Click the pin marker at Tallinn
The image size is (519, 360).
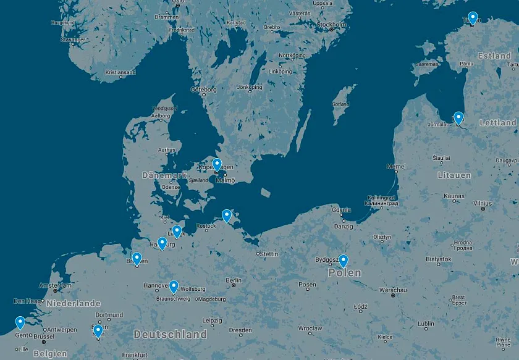[x=473, y=18]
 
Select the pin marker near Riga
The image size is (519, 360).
[x=458, y=117]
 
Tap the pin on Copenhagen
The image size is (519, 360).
[x=217, y=164]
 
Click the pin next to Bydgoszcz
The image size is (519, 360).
[x=344, y=261]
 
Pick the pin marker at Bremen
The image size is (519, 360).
[x=137, y=258]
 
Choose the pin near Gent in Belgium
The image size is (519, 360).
[x=20, y=322]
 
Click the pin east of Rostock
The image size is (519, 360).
[x=227, y=216]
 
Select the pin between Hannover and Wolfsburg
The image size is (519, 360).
[x=174, y=287]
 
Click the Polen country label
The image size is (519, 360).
[x=345, y=272]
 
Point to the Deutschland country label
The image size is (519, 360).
[x=170, y=334]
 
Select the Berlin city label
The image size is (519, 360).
[x=234, y=280]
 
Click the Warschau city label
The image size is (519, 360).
[x=393, y=290]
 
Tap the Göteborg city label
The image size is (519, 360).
[x=203, y=89]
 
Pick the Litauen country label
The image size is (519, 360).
[x=454, y=175]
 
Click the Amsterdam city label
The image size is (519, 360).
[x=55, y=285]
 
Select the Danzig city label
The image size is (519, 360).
[x=343, y=227]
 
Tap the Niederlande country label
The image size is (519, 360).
[x=74, y=303]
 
